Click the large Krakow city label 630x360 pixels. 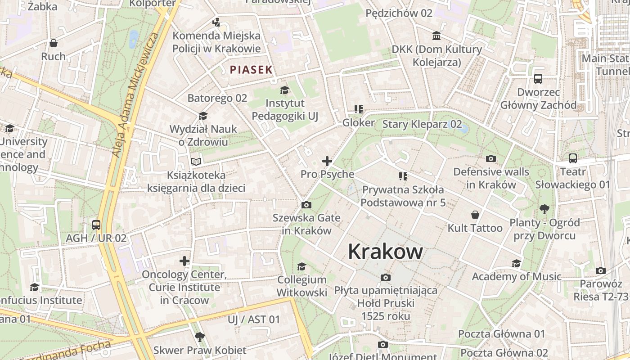click(x=385, y=252)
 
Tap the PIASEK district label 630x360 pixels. click(x=251, y=70)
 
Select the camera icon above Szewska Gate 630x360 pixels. click(x=306, y=205)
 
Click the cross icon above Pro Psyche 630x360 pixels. click(x=327, y=161)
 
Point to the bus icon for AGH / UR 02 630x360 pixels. click(x=96, y=225)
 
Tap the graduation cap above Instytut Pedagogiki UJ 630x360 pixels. click(x=284, y=90)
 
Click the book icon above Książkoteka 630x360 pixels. click(x=196, y=162)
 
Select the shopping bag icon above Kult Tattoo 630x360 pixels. click(x=475, y=215)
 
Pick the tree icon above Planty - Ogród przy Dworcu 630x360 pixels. click(x=544, y=209)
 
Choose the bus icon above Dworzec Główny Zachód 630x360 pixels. click(x=538, y=79)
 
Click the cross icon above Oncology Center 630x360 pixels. click(x=184, y=261)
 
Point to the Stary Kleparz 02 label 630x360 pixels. click(x=422, y=124)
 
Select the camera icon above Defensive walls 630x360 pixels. click(x=491, y=158)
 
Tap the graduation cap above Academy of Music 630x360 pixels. click(x=516, y=263)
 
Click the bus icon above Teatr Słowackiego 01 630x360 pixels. click(x=572, y=158)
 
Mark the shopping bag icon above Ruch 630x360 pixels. click(x=54, y=43)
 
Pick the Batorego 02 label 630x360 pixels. click(x=217, y=98)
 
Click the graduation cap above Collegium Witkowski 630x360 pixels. click(x=301, y=266)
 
